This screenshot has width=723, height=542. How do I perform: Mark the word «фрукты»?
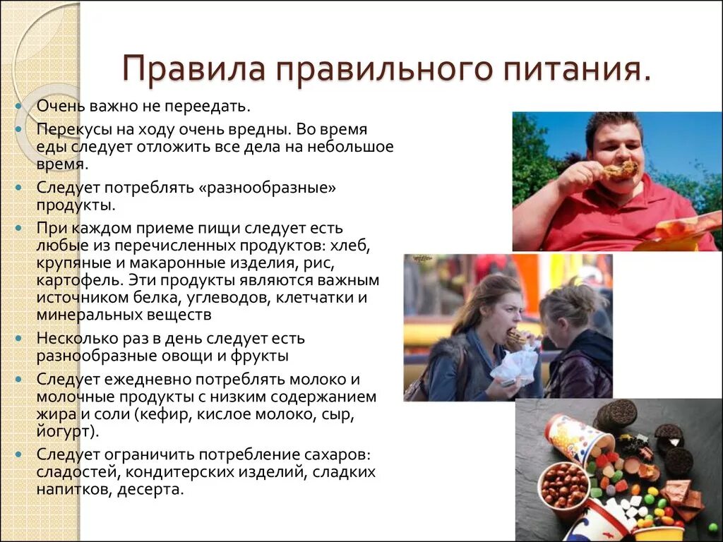click(x=258, y=355)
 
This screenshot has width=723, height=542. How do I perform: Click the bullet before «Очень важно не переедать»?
click(x=18, y=107)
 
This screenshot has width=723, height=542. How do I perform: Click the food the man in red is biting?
click(x=619, y=170)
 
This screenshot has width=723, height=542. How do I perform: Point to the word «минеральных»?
click(x=90, y=314)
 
